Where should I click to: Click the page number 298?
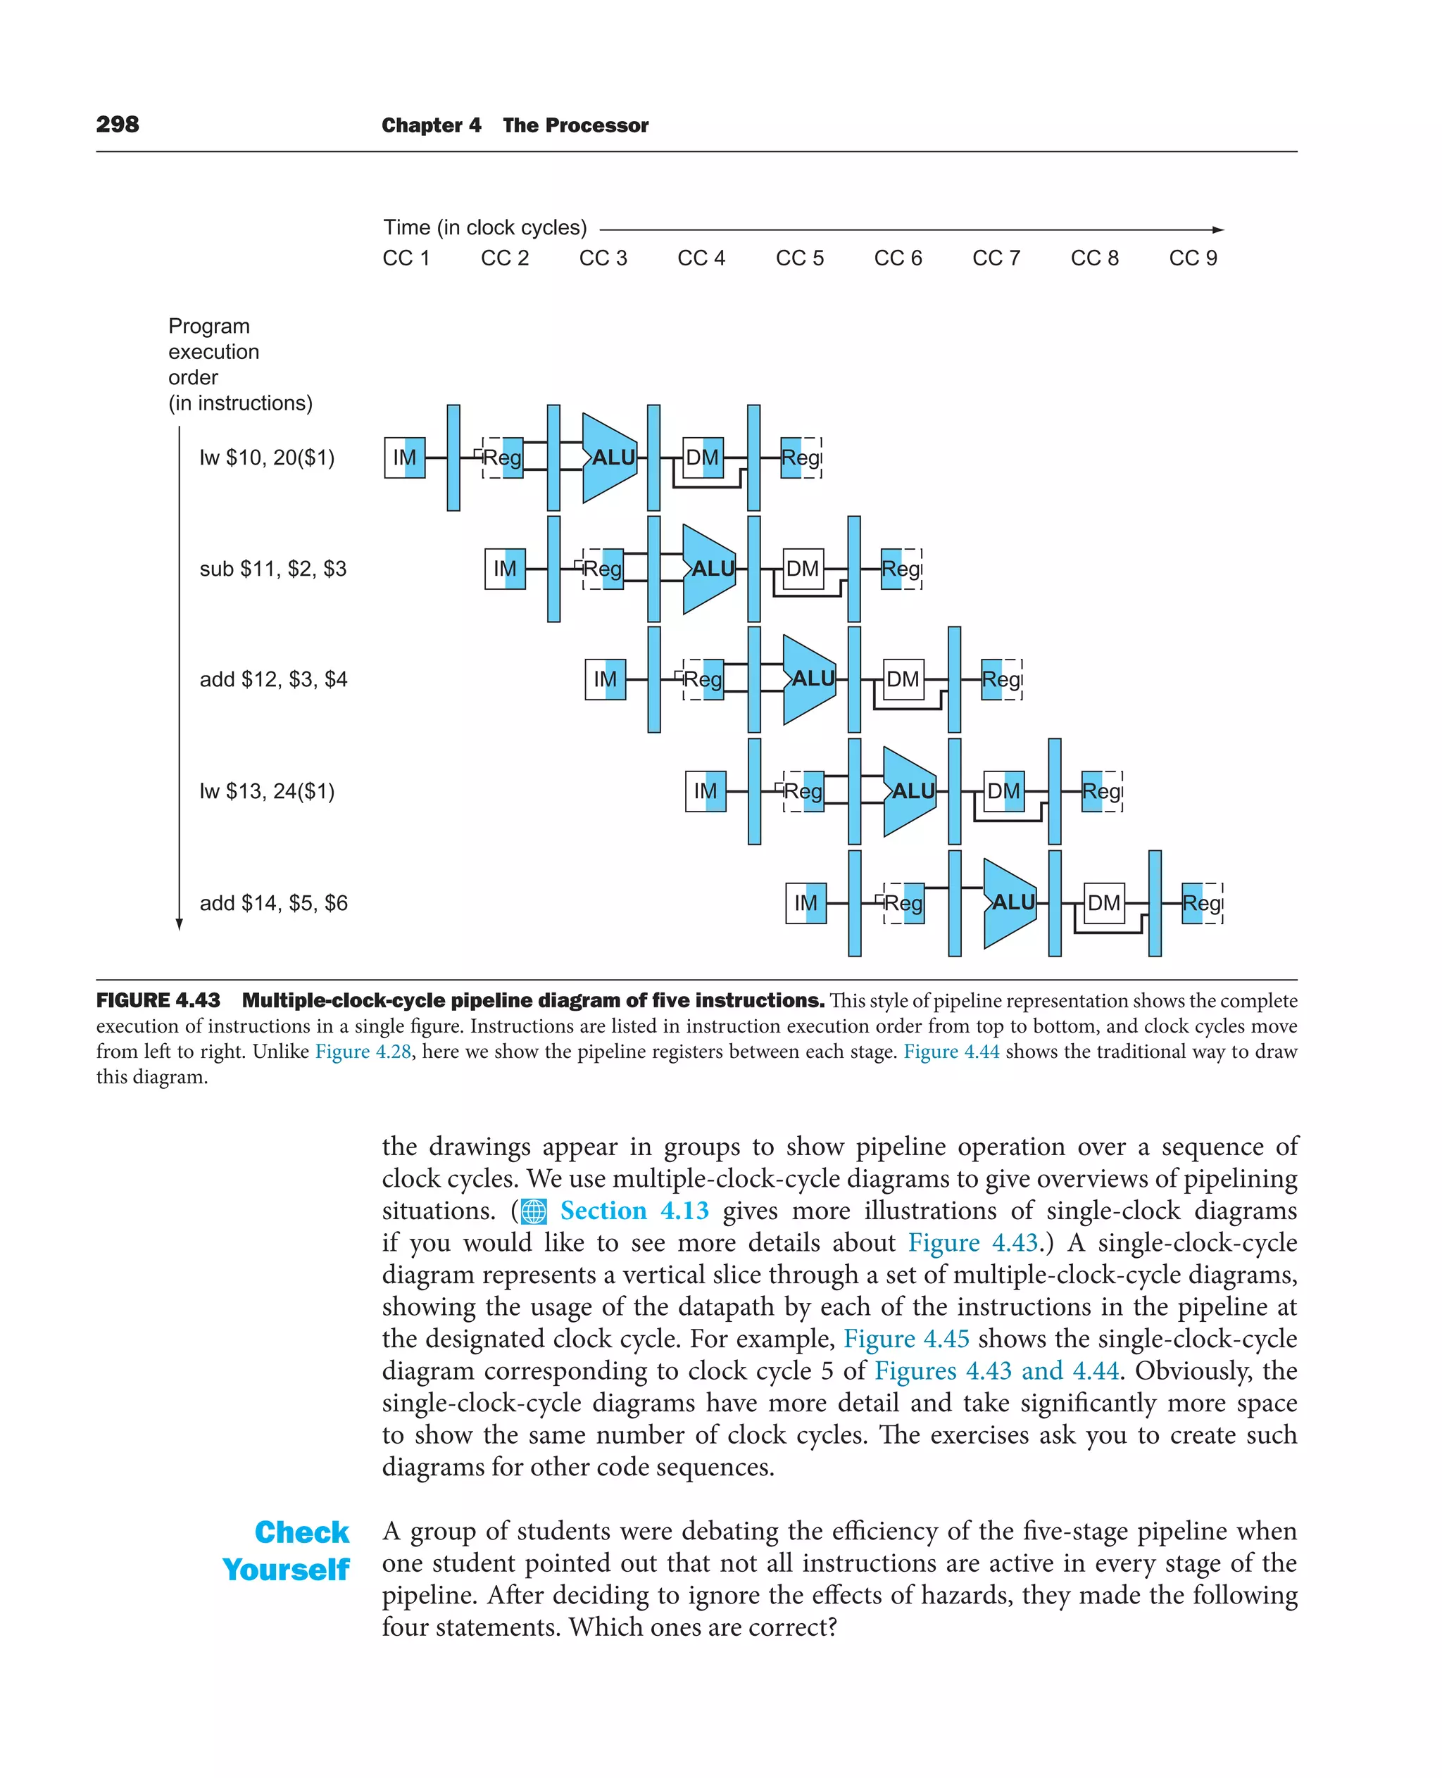click(x=117, y=125)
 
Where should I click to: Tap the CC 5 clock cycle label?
click(x=799, y=258)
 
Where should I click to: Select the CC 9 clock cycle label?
click(x=1192, y=258)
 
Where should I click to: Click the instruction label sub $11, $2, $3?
click(x=272, y=569)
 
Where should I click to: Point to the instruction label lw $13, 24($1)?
click(x=267, y=790)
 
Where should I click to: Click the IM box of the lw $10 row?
click(x=405, y=458)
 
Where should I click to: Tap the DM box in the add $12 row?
click(x=902, y=679)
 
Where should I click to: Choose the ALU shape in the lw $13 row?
click(x=910, y=790)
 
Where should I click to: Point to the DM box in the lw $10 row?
click(x=702, y=458)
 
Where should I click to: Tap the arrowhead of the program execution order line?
click(x=179, y=924)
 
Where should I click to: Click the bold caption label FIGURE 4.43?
click(x=158, y=1001)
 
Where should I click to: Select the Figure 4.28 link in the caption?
click(x=363, y=1052)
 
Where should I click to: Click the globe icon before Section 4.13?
click(x=533, y=1211)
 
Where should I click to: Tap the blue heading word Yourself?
click(x=286, y=1570)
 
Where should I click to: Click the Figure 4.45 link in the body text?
click(x=906, y=1339)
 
